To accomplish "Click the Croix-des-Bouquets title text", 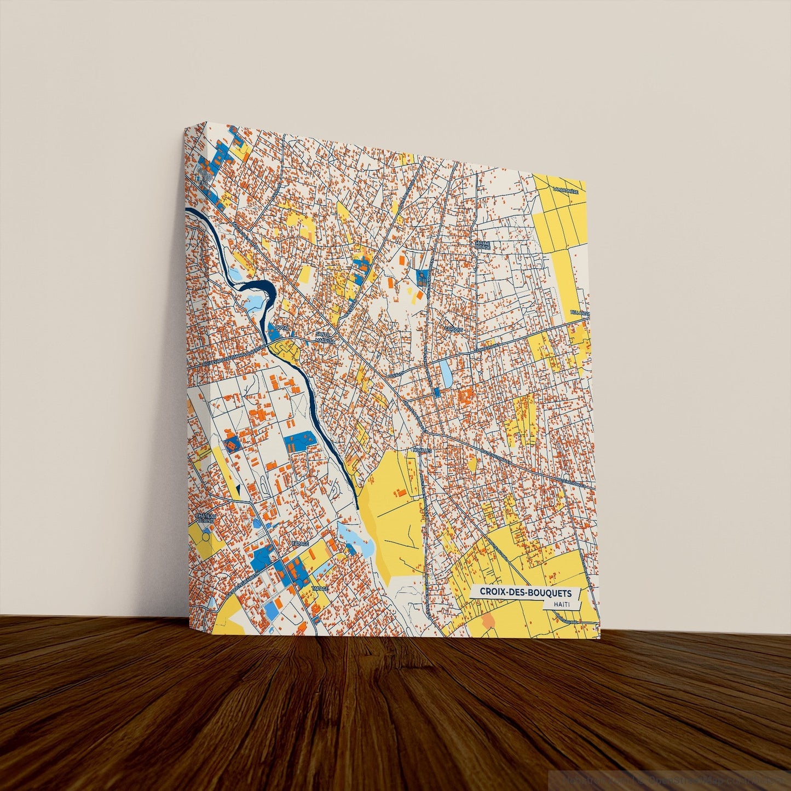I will pyautogui.click(x=526, y=592).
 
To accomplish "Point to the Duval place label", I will pyautogui.click(x=282, y=327).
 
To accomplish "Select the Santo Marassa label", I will pyautogui.click(x=323, y=336).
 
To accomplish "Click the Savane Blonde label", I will pyautogui.click(x=482, y=244).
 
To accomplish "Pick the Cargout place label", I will pyautogui.click(x=454, y=330).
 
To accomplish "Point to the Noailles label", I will pyautogui.click(x=423, y=450).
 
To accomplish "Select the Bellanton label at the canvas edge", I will pyautogui.click(x=580, y=313).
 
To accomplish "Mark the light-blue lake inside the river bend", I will pyautogui.click(x=255, y=302).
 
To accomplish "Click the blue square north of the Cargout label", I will pyautogui.click(x=422, y=277).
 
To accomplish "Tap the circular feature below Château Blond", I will pyautogui.click(x=205, y=537).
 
